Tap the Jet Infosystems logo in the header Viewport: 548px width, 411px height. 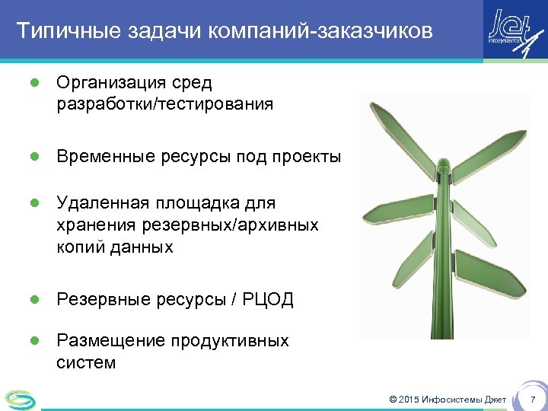click(515, 31)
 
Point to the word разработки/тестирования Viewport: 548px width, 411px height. click(164, 104)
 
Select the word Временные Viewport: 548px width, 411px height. click(105, 157)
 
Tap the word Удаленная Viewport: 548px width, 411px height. click(104, 203)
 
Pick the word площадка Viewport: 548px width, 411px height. click(195, 203)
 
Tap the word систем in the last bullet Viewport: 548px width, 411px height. click(86, 363)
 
